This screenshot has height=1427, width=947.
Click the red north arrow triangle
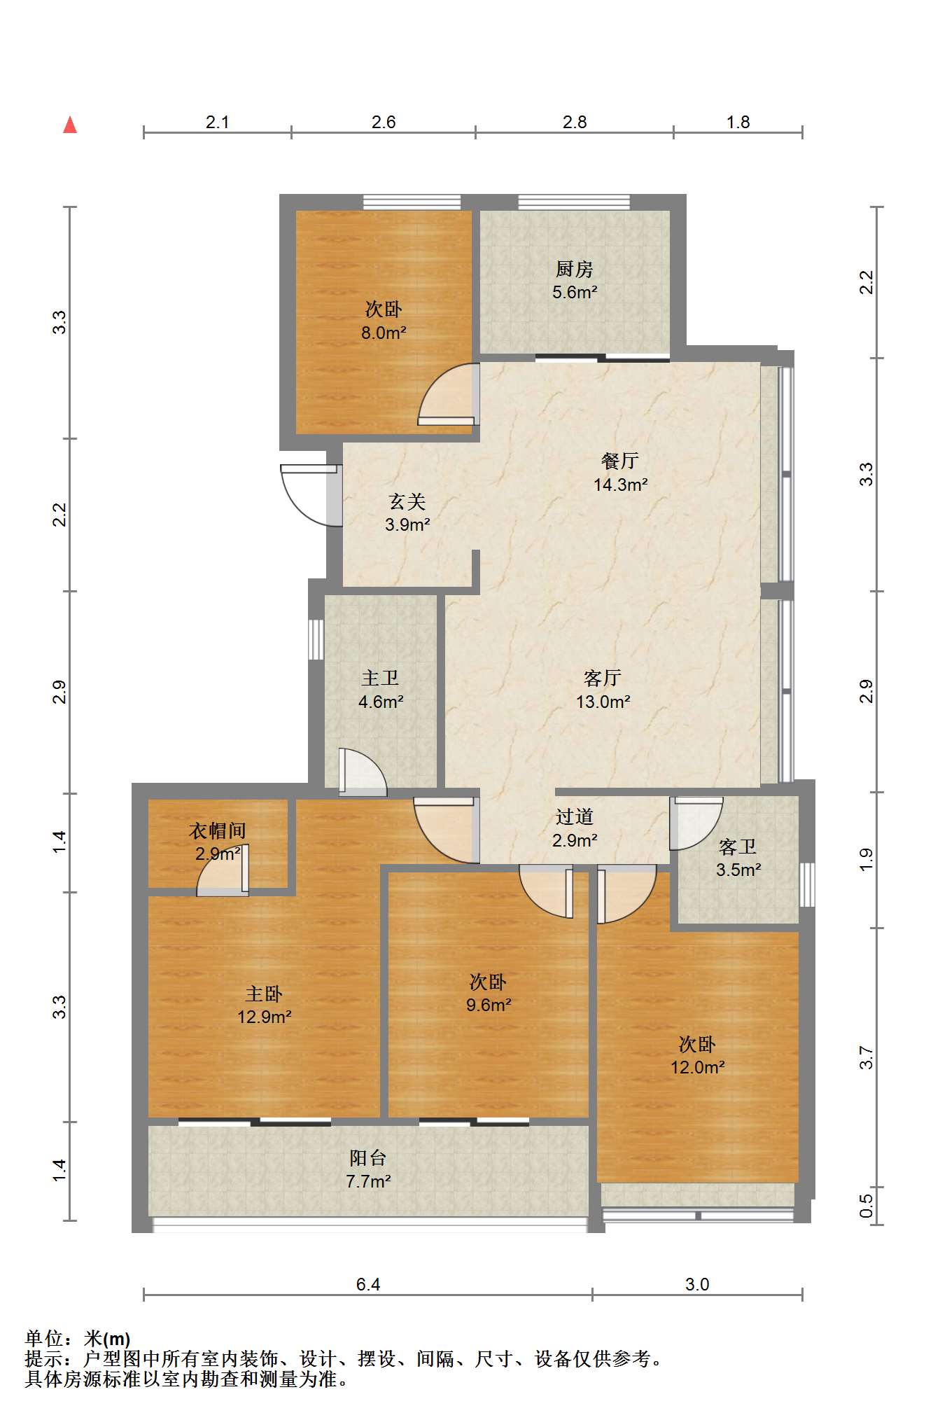click(70, 125)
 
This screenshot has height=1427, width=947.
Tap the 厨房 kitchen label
click(574, 269)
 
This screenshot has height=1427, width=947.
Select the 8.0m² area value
click(384, 333)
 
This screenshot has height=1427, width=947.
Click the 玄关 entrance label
click(407, 501)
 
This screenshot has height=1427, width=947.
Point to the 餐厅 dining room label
click(620, 461)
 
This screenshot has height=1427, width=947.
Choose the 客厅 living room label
click(603, 678)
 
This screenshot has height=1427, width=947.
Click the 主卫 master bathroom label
click(380, 678)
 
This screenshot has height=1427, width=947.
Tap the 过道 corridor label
click(575, 816)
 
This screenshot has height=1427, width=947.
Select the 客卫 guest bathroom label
click(738, 847)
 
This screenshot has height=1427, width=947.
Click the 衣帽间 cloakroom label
click(218, 831)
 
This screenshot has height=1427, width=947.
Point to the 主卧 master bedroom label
click(264, 994)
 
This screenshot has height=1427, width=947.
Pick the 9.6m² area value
click(489, 1005)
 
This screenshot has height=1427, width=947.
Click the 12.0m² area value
click(697, 1067)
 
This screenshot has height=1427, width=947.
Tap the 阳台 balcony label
click(368, 1158)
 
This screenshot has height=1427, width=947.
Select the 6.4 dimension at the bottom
click(368, 1284)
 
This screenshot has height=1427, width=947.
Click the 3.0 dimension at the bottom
click(697, 1284)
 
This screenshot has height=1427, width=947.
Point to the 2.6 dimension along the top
click(384, 122)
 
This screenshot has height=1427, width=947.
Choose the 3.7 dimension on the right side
click(867, 1057)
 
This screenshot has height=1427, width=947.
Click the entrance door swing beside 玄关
click(309, 496)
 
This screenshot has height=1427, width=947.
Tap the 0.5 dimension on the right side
click(867, 1206)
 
